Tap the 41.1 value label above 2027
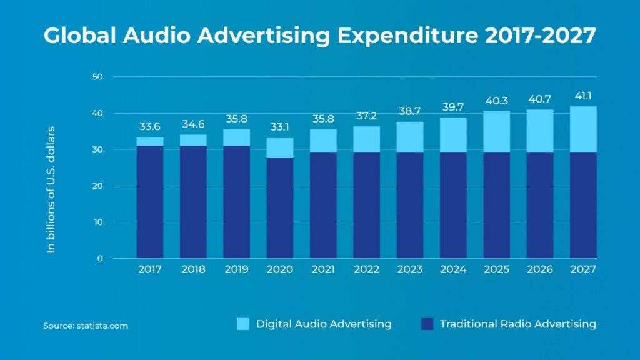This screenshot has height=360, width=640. [583, 96]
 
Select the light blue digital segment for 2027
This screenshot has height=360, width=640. [583, 129]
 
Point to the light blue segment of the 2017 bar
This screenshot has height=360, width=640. [150, 141]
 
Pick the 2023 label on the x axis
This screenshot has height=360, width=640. [410, 269]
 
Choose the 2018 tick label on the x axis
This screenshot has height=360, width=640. [193, 269]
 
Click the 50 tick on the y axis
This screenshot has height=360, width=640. [98, 77]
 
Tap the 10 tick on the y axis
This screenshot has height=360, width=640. [98, 222]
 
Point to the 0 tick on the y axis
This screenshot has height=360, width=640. [100, 258]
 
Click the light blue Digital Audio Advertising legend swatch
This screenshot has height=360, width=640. [243, 324]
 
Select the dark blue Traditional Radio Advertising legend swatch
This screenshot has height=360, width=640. [427, 324]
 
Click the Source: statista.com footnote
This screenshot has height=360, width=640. [86, 326]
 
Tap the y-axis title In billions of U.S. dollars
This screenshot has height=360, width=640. [51, 189]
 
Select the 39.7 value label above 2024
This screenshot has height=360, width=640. [453, 106]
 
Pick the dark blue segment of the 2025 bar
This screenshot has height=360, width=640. [496, 204]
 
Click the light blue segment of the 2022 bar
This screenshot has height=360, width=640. [367, 139]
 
